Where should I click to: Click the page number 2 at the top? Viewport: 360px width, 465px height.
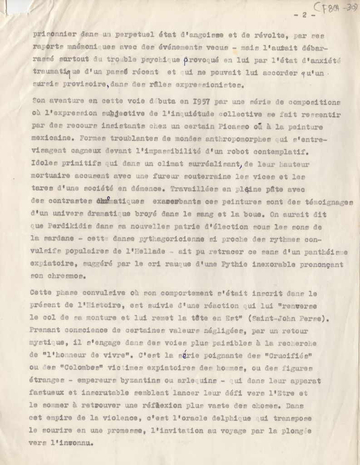[300, 15]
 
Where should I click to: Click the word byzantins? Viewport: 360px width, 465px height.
[150, 381]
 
